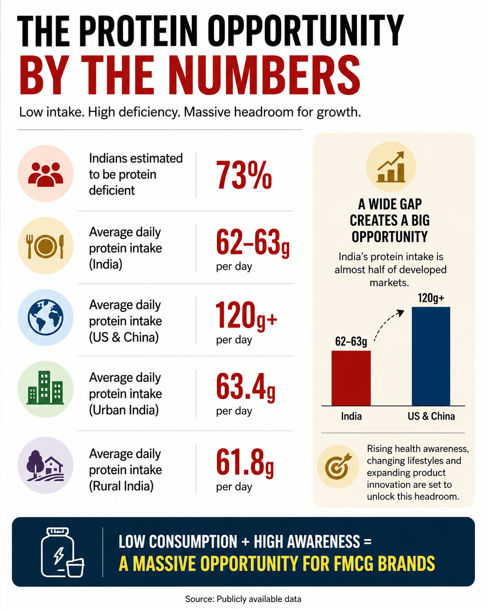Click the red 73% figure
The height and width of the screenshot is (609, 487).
244,175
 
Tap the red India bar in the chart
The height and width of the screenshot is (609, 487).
351,378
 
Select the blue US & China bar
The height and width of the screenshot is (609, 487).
431,356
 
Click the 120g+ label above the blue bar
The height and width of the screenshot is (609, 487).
431,298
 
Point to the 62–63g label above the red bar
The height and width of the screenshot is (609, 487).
351,341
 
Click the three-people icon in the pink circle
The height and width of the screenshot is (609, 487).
46,174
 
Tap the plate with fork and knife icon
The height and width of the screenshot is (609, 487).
46,246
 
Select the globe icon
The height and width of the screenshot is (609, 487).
46,317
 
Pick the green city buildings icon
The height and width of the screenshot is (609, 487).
45,387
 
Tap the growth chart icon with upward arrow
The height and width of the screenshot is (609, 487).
391,167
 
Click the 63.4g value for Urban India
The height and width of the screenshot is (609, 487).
246,387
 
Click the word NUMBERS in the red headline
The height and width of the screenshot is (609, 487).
266,75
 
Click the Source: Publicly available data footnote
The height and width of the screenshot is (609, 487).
243,599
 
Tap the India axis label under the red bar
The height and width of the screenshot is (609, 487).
351,416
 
